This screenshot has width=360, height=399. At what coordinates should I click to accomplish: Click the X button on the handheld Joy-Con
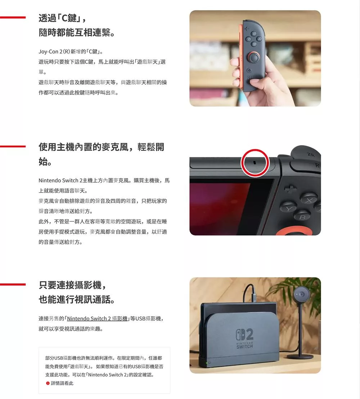pos(254,34)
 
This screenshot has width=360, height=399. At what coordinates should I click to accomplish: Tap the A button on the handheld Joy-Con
pos(259,39)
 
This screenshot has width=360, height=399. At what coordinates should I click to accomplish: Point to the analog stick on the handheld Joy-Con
pos(254,57)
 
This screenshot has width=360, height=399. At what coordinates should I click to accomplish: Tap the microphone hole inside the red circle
pos(255,162)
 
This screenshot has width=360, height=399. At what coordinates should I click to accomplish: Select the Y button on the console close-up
pos(288,208)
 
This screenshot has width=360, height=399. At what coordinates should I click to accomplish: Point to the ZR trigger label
pos(310,154)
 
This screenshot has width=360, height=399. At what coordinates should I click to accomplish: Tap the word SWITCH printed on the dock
pos(244,346)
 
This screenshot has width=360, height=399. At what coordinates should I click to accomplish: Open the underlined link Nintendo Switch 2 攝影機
pos(97,319)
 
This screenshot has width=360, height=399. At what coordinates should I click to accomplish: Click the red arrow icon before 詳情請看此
pos(48,383)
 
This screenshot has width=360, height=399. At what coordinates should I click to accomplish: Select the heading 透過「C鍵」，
pos(63,18)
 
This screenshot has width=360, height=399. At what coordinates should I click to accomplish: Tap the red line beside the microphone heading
pos(13,146)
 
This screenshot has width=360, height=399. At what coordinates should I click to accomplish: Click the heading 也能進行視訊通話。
pos(77,300)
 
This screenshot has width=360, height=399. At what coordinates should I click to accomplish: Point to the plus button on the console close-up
pos(290,189)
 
